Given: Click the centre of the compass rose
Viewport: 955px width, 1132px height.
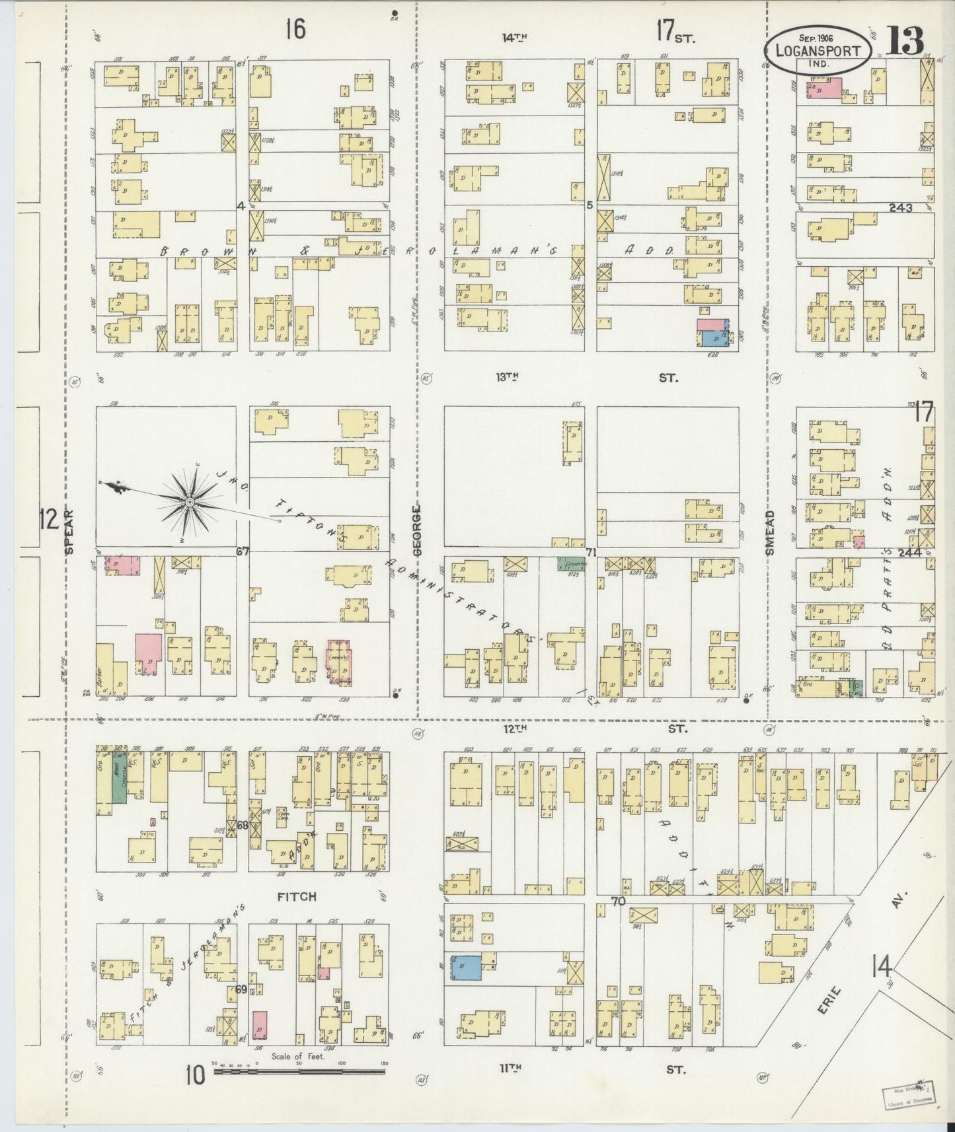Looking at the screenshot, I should [x=190, y=503].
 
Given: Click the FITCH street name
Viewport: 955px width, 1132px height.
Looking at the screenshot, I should [x=296, y=896].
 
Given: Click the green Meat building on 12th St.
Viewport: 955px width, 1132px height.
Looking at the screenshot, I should [x=119, y=779].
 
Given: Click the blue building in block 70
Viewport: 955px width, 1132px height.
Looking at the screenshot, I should [x=467, y=968].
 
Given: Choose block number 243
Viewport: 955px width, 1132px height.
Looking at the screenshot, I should [x=900, y=207].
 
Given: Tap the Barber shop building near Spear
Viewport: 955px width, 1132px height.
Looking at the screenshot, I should [x=103, y=670].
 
